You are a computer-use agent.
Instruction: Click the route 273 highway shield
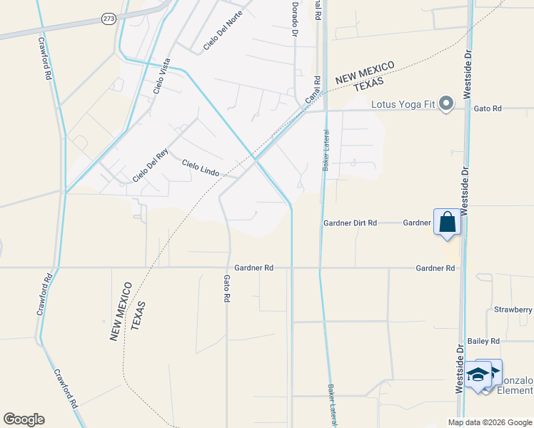click(108, 19)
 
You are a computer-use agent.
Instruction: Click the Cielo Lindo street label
click(200, 168)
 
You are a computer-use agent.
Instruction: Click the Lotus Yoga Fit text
click(403, 105)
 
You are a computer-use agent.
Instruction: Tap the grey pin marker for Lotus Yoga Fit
click(447, 104)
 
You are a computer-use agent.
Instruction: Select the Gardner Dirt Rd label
click(350, 223)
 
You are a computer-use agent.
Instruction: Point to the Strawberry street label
click(513, 310)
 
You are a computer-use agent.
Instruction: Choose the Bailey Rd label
click(482, 342)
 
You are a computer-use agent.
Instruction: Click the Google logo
click(24, 419)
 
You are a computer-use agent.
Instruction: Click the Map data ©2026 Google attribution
click(490, 422)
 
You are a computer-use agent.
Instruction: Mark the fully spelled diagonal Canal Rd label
click(312, 93)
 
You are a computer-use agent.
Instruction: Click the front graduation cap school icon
click(478, 376)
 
